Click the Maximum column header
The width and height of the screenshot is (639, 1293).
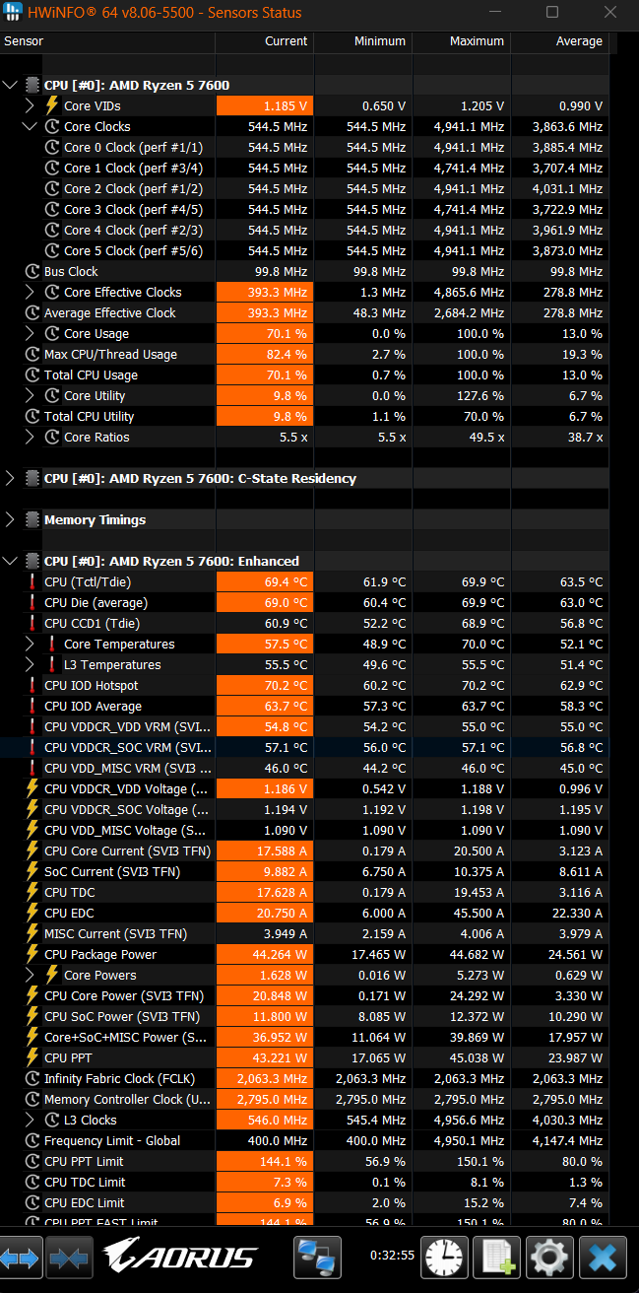[477, 41]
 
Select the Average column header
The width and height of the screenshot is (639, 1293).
[579, 41]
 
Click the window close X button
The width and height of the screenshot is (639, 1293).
[610, 12]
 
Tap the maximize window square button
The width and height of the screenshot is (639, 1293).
[552, 12]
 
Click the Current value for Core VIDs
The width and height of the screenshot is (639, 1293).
[285, 106]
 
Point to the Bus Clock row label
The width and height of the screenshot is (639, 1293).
[71, 271]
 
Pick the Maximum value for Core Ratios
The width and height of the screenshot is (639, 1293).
[486, 438]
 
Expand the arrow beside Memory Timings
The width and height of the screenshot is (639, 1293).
[10, 519]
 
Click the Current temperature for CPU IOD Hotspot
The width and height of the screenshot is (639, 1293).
[286, 686]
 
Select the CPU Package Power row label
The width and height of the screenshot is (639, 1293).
[100, 955]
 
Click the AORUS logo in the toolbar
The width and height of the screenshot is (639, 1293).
[180, 1256]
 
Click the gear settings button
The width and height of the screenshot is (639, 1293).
[549, 1258]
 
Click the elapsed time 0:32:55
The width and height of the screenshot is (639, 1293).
[392, 1256]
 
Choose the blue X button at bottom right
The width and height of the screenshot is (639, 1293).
[603, 1258]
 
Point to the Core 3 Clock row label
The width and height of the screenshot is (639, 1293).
[133, 210]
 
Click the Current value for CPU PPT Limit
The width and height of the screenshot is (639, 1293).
[284, 1161]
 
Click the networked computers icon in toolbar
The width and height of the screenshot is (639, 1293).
[317, 1258]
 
